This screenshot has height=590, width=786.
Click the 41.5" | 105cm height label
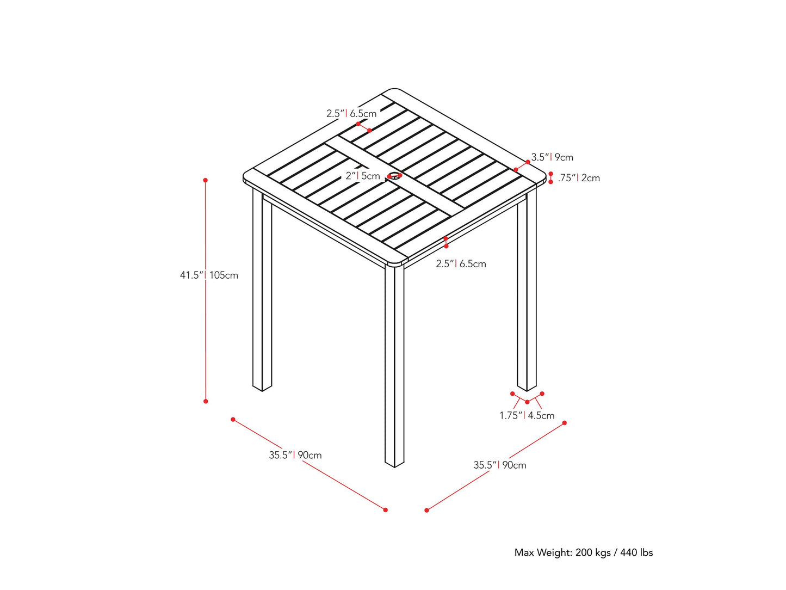point(209,275)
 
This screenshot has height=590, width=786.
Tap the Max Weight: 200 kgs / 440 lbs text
point(584,552)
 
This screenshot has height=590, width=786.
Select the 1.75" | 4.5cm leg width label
point(527,416)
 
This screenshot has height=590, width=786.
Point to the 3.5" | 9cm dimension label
point(552,157)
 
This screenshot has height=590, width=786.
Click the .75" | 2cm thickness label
point(579,178)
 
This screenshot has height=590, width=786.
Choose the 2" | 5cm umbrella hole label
point(363,176)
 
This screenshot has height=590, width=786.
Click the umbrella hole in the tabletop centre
point(394,176)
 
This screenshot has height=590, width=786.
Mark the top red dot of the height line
point(206,180)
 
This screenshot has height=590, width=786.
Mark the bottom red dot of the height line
point(206,401)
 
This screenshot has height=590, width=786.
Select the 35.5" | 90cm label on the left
point(295,455)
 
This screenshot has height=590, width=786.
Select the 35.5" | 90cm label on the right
point(500,465)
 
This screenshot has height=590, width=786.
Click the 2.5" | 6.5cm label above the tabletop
point(351,114)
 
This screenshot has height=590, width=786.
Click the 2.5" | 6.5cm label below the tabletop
point(461,264)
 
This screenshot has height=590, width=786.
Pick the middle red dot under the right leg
point(527,402)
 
